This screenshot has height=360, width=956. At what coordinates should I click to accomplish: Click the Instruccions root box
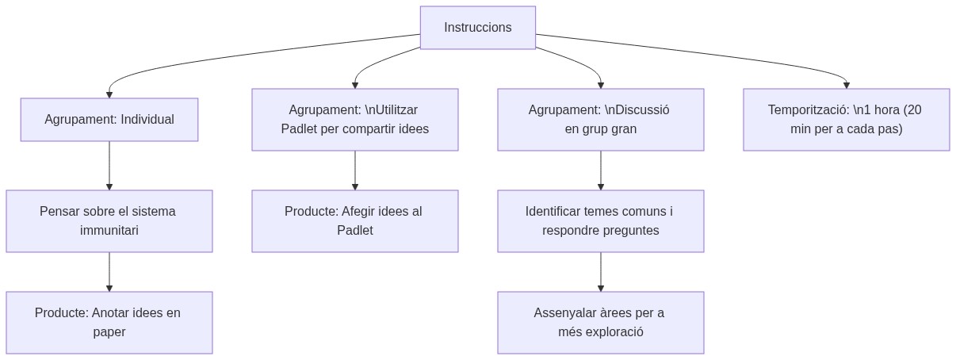point(477,28)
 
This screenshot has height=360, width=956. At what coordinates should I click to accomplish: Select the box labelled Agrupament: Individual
point(109,120)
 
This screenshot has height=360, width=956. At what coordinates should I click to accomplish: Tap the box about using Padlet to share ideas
point(354,120)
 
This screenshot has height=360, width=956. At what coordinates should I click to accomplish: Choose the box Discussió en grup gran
point(600,120)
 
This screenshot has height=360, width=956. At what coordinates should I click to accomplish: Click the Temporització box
point(846,120)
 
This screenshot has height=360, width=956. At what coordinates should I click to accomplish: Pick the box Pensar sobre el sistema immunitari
point(109,221)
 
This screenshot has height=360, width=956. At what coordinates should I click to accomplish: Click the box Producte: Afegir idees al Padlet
point(354,221)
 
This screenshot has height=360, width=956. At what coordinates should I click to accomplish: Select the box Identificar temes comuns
point(600,221)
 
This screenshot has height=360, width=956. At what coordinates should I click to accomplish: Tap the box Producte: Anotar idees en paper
point(109,323)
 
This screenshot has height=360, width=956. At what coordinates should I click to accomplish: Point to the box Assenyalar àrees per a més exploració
point(600,323)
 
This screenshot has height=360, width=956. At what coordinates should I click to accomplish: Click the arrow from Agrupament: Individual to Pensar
point(109,166)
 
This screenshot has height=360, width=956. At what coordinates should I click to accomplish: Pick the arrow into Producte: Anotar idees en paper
point(109,272)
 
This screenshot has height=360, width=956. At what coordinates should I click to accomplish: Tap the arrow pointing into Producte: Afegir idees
point(355,170)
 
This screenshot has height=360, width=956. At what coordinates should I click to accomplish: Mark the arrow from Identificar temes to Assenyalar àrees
point(601,272)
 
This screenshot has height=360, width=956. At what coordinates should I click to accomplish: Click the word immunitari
point(109,231)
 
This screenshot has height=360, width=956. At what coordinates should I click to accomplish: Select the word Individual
point(147,120)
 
